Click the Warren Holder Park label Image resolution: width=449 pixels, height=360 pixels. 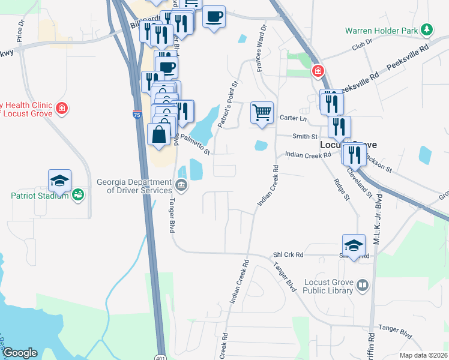[x=381, y=30]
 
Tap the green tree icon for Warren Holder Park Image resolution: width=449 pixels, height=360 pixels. [x=426, y=29]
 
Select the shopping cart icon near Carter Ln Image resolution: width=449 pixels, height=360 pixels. [x=262, y=112]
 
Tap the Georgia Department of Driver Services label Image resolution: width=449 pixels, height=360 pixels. [x=135, y=186]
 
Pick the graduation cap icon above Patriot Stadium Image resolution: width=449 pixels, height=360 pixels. [x=60, y=180]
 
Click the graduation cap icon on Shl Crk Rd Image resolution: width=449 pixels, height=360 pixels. [x=354, y=245]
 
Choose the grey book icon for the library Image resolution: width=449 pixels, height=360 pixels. [x=362, y=286]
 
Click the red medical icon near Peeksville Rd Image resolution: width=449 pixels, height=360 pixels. [x=317, y=71]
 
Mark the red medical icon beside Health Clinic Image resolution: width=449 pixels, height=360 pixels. [x=61, y=109]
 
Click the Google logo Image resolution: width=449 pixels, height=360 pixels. [x=20, y=353]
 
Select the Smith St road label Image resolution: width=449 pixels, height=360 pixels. [x=304, y=136]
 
